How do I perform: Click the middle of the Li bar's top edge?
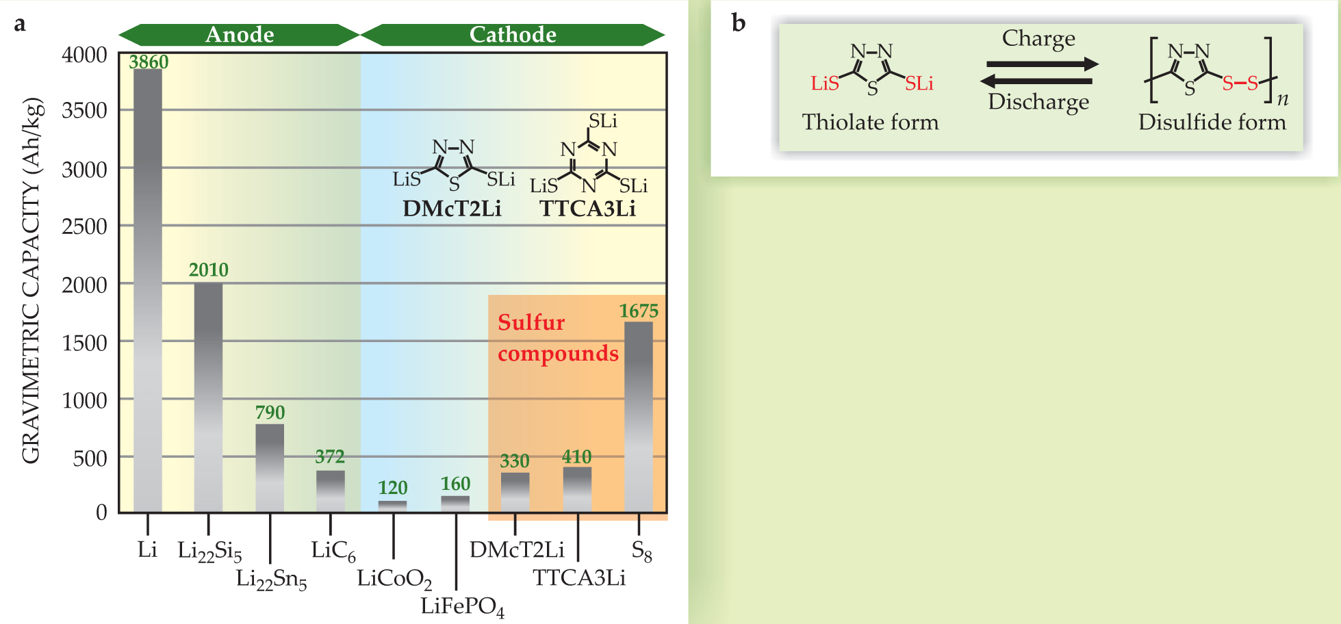(x=147, y=70)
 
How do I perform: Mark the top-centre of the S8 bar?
(x=638, y=322)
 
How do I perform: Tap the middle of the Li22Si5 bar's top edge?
(x=208, y=283)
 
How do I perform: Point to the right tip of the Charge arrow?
(x=1098, y=65)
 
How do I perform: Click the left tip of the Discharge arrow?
(x=981, y=81)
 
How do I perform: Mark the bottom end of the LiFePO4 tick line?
(x=457, y=589)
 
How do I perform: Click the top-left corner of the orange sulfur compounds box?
(x=488, y=295)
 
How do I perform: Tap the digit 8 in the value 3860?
(x=144, y=62)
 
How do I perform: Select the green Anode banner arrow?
(x=240, y=34)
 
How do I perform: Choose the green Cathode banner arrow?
(x=513, y=34)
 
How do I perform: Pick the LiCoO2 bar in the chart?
(x=392, y=506)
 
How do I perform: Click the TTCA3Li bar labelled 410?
(x=577, y=489)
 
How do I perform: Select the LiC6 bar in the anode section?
(x=331, y=491)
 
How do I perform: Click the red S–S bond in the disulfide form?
(x=1240, y=83)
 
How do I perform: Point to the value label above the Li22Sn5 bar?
(x=270, y=413)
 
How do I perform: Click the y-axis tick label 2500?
(x=84, y=226)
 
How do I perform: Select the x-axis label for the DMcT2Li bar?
(x=517, y=549)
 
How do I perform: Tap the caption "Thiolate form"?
(x=870, y=122)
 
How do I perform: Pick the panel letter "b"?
(x=738, y=23)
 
